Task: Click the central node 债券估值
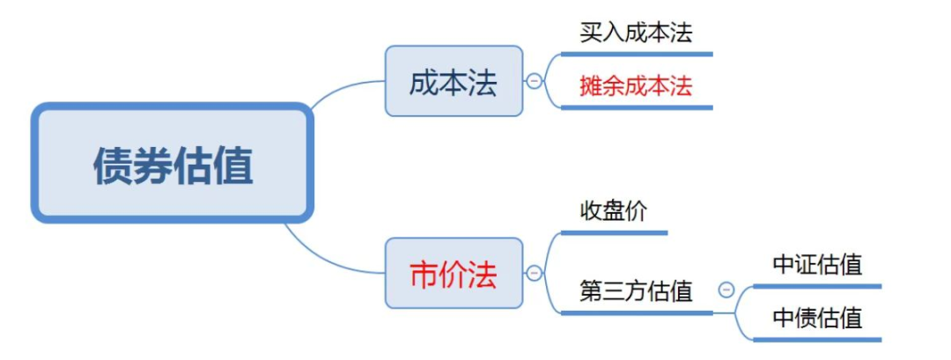click(173, 163)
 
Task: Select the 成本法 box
click(453, 81)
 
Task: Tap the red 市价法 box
click(453, 273)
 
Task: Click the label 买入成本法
click(636, 33)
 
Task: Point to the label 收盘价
click(613, 212)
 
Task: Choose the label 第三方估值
click(636, 291)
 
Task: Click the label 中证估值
click(817, 265)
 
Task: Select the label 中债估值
click(817, 318)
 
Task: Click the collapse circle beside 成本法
click(534, 81)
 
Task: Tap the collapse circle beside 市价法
click(534, 274)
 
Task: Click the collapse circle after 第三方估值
click(726, 290)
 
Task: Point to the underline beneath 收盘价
click(614, 232)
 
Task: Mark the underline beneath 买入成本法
click(637, 54)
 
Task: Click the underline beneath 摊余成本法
click(637, 108)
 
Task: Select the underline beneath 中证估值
click(817, 286)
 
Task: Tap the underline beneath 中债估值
click(817, 340)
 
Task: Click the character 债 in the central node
click(114, 165)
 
